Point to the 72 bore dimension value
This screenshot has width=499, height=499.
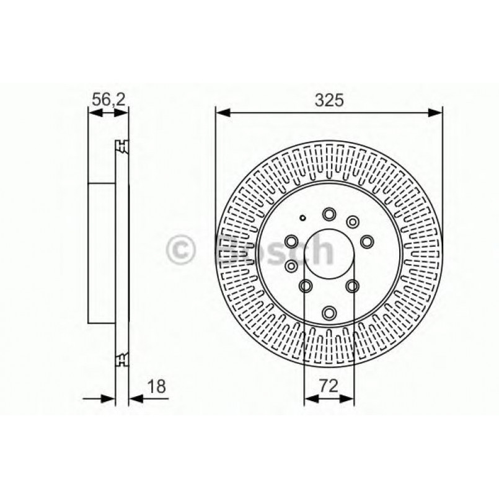(x=329, y=386)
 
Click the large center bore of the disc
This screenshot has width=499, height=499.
(x=329, y=255)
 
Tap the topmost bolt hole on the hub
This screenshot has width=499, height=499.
(x=329, y=214)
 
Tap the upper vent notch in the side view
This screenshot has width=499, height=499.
(x=121, y=146)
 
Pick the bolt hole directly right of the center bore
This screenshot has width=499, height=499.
(x=368, y=241)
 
